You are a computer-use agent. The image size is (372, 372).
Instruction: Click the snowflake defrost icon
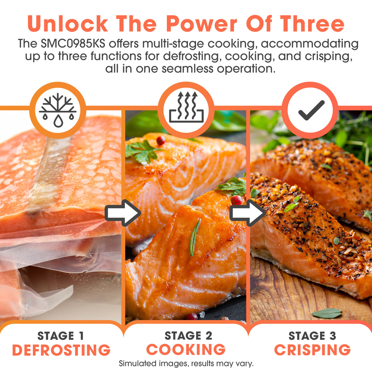point(58,110)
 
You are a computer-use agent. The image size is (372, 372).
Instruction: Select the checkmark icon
point(311,110)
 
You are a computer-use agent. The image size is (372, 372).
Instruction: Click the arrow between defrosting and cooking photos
point(123,213)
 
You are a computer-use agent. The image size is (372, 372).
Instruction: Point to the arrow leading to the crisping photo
point(248,213)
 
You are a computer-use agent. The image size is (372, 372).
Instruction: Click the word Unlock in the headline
point(67,24)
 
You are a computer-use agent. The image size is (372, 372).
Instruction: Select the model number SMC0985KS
point(73,44)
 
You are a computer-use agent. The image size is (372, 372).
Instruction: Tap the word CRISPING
point(312,350)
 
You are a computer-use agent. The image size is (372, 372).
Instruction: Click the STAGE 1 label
point(61,336)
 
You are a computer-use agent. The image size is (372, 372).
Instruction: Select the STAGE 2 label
point(188,335)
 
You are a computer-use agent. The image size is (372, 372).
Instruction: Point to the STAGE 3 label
point(312,336)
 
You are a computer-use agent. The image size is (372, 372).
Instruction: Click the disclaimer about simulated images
point(186,364)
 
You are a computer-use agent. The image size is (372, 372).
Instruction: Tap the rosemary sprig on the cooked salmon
point(195,237)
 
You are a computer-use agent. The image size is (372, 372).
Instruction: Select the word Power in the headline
point(201,24)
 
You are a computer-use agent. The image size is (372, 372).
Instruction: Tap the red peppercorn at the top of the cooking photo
point(161,140)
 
